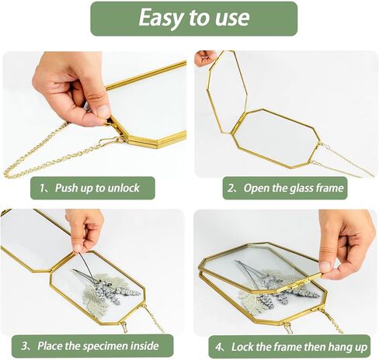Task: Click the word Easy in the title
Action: pos(161,18)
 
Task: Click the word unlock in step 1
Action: pos(123,188)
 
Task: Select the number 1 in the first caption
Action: pos(43,188)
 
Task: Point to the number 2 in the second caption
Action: pos(231,188)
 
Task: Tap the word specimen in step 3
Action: pos(106,346)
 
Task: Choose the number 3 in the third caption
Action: pos(25,346)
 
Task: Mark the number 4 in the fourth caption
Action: pos(218,347)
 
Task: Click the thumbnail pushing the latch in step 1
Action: pos(103,111)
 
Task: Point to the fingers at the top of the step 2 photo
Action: pos(206,57)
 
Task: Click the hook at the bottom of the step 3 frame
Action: pos(124,327)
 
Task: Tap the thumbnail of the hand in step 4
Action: pos(325,266)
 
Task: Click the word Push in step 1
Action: pos(67,188)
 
